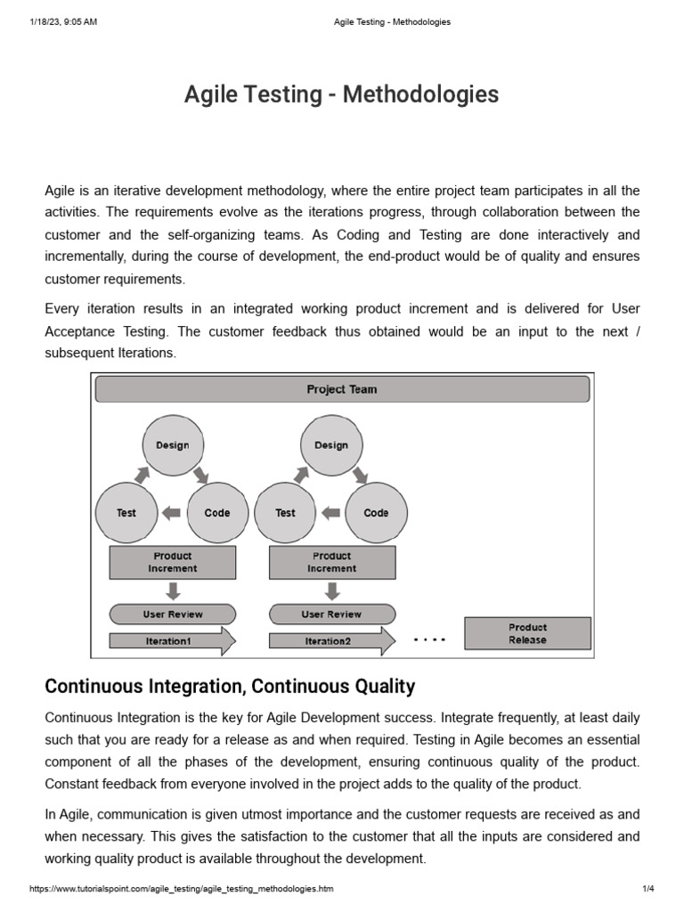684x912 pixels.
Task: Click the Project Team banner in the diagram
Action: coord(342,389)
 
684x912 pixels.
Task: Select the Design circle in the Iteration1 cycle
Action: coord(173,445)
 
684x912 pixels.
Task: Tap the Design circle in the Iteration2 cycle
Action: coord(331,445)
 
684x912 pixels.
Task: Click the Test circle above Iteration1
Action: coord(126,513)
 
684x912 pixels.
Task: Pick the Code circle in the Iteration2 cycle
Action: coord(376,513)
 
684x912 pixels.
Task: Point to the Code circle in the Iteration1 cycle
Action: coord(217,513)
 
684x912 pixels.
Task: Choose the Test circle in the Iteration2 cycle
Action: coord(285,513)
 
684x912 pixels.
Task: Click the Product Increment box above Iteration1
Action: coord(173,562)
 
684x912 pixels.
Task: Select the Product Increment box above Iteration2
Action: coord(331,562)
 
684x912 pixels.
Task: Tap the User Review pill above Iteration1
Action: coord(173,615)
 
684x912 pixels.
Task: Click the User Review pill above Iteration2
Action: coord(331,615)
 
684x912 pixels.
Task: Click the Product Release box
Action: coord(527,633)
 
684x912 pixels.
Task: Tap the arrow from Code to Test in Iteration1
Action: coord(172,513)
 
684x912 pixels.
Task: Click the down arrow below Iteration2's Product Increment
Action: coord(331,590)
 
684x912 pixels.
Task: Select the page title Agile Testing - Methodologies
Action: coord(342,94)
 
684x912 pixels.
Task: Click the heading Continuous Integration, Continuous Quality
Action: coord(230,686)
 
